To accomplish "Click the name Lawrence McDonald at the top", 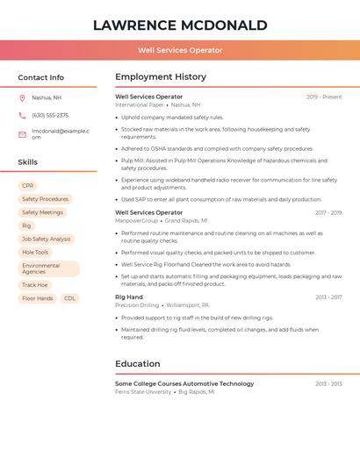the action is [x=180, y=25].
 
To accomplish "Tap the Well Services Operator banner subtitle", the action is [x=180, y=50].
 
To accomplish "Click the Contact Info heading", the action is [x=40, y=77].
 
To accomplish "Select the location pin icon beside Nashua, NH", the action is [x=22, y=97].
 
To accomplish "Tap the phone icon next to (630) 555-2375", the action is [x=22, y=115].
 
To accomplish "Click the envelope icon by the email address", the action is [x=22, y=133].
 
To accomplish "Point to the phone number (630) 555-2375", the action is [x=50, y=115].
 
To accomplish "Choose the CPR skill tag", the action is [x=28, y=186].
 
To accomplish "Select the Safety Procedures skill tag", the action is [x=45, y=199].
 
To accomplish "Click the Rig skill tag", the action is [x=26, y=225].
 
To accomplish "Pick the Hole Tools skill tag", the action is [x=35, y=252].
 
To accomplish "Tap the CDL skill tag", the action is [x=70, y=298].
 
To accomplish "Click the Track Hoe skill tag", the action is [x=35, y=285].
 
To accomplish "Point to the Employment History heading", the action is [x=161, y=77].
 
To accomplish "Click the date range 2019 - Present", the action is [x=324, y=97].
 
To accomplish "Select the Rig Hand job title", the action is [x=129, y=297].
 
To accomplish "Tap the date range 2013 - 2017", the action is [x=328, y=297].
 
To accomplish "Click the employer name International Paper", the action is [x=139, y=104].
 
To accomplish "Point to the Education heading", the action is [x=138, y=363].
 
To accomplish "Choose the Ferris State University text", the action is [x=143, y=391].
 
